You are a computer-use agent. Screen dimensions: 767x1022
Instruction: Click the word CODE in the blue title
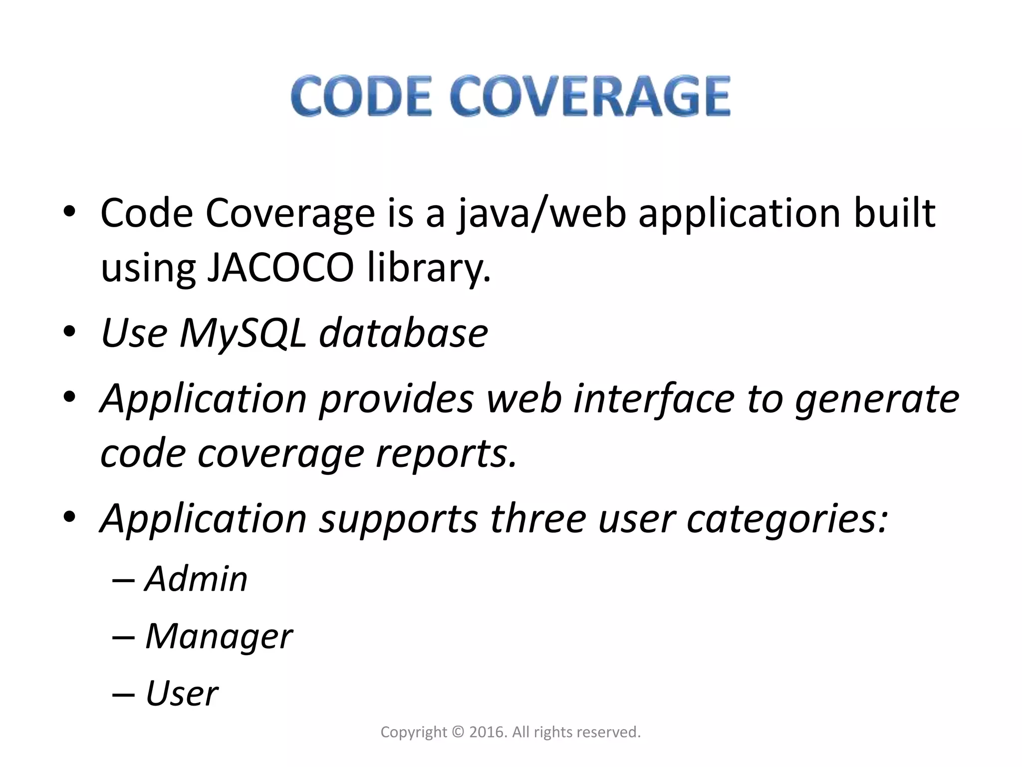[x=361, y=96]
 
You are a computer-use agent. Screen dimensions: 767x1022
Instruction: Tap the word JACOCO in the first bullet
[x=280, y=268]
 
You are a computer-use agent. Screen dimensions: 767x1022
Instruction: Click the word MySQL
[x=243, y=334]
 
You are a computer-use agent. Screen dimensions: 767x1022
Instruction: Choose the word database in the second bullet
[x=403, y=333]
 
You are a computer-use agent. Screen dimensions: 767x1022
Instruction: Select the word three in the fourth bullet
[x=538, y=518]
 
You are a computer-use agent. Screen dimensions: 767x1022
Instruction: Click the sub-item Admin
[x=196, y=579]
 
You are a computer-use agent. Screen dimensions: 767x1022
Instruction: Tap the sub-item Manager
[x=219, y=637]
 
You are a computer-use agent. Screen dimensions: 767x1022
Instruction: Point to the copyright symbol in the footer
[x=458, y=732]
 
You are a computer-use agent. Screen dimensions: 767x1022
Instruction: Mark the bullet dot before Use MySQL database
[x=69, y=332]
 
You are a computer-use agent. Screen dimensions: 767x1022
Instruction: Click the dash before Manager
[x=123, y=638]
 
